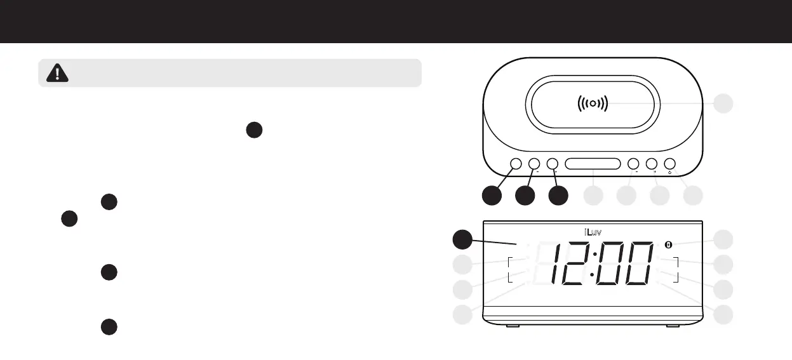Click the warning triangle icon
coord(58,74)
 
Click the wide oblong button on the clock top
coord(592,164)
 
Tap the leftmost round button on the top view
coord(515,164)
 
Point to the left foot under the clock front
coord(511,326)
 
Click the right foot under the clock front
coord(672,326)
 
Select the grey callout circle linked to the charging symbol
coord(723,103)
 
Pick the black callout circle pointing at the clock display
coord(463,239)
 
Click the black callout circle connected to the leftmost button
coord(491,196)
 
